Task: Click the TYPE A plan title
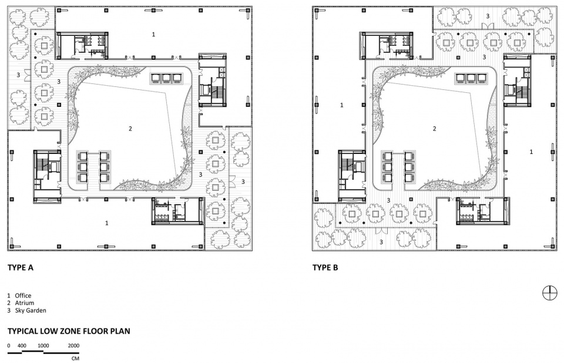pyautogui.click(x=21, y=268)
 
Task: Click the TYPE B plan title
pyautogui.click(x=325, y=268)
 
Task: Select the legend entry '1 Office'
pyautogui.click(x=19, y=295)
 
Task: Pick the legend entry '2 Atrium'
pyautogui.click(x=21, y=303)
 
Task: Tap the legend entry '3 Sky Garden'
pyautogui.click(x=26, y=310)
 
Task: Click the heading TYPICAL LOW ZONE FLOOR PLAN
pyautogui.click(x=69, y=331)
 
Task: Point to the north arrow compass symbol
pyautogui.click(x=549, y=293)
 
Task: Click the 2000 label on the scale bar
pyautogui.click(x=73, y=346)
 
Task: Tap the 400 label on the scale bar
pyautogui.click(x=22, y=346)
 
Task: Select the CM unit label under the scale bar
pyautogui.click(x=75, y=358)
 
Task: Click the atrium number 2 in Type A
pyautogui.click(x=130, y=129)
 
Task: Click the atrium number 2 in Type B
pyautogui.click(x=435, y=129)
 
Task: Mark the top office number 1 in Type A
pyautogui.click(x=153, y=34)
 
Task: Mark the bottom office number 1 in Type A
pyautogui.click(x=106, y=223)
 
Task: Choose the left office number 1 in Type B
pyautogui.click(x=342, y=105)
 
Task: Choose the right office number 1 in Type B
pyautogui.click(x=531, y=152)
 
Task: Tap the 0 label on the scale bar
pyautogui.click(x=9, y=346)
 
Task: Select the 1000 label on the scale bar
pyautogui.click(x=43, y=346)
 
